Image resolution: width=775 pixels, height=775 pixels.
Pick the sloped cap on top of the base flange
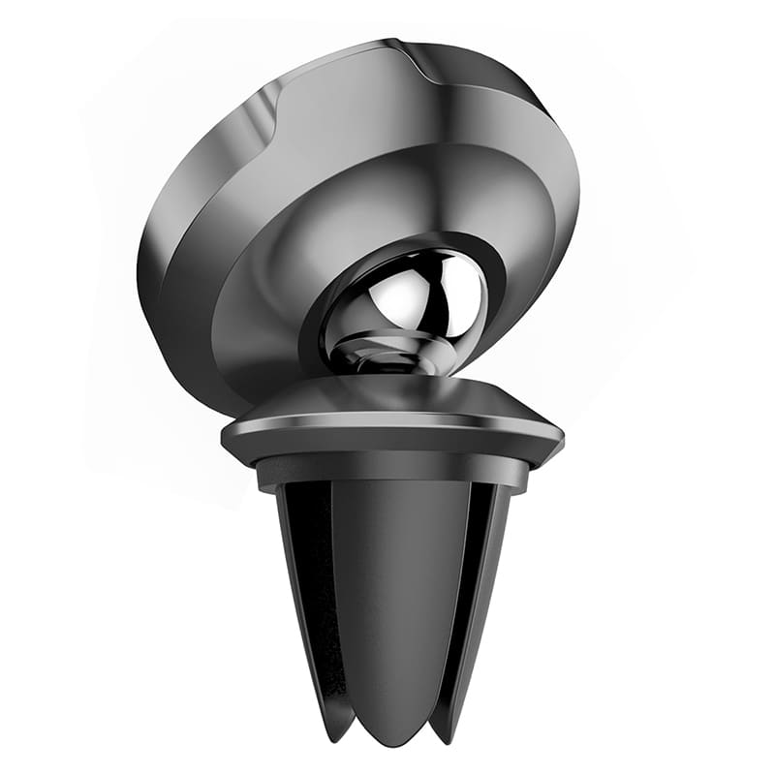pyautogui.click(x=387, y=397)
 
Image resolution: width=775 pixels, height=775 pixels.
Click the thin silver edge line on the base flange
pyautogui.click(x=387, y=426)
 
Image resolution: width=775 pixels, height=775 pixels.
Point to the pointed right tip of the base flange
pyautogui.click(x=560, y=436)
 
